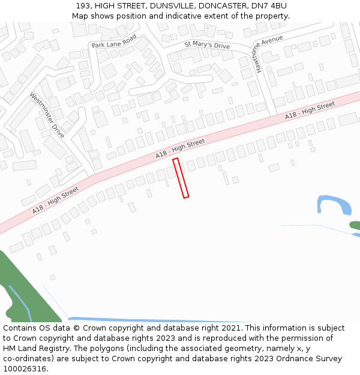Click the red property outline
[x=181, y=178]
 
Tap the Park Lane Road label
[x=114, y=41]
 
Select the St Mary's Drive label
[x=207, y=44]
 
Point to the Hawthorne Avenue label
[x=269, y=54]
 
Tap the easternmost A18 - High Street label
[x=310, y=110]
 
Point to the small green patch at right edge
[x=355, y=226]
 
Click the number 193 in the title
[x=83, y=5]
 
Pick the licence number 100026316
[x=25, y=368]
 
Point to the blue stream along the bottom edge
[x=156, y=320]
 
